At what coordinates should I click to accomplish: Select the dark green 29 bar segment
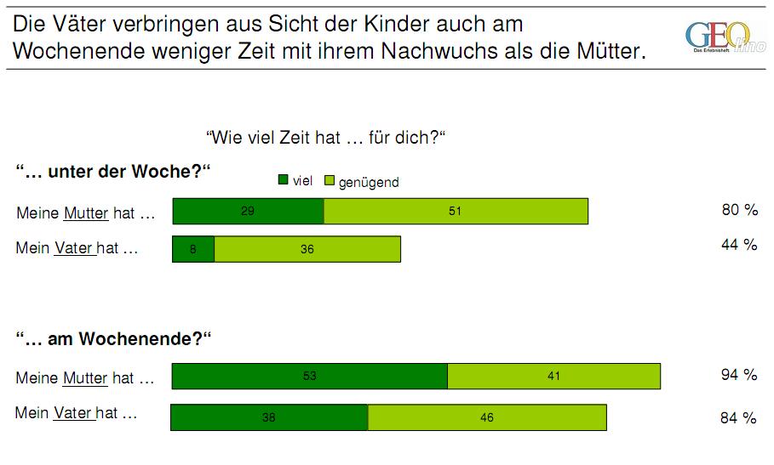(248, 212)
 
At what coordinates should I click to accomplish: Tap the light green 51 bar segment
(456, 212)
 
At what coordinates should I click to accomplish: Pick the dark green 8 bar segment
(193, 249)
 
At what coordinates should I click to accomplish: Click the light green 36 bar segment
(307, 249)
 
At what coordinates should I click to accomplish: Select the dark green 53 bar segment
(310, 376)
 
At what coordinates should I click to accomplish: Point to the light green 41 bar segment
(553, 376)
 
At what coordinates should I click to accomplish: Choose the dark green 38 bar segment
(270, 417)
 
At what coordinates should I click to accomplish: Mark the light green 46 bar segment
(486, 417)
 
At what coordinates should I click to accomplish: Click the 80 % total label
(739, 210)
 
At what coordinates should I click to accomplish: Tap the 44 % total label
(739, 245)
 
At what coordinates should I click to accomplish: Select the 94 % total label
(739, 375)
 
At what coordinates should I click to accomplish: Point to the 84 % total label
(739, 417)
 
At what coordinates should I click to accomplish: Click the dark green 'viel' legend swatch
(283, 180)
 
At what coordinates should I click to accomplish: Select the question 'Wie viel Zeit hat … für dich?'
(327, 137)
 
